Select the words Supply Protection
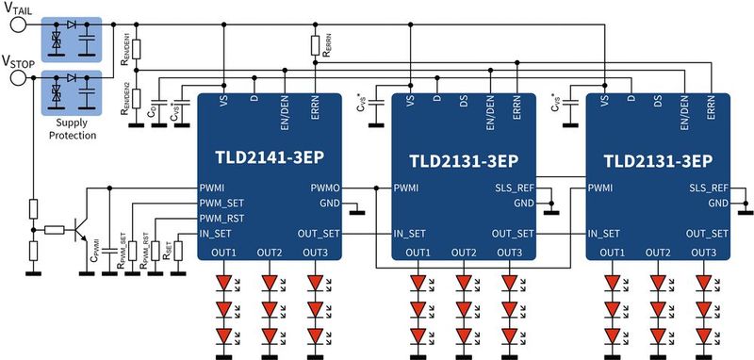[74, 128]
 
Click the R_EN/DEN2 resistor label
[124, 97]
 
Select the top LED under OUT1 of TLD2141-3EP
[224, 282]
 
